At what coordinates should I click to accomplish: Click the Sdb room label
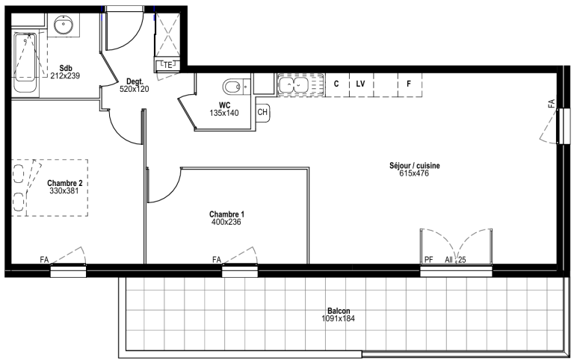[x=66, y=68]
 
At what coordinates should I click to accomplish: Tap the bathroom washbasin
[x=64, y=25]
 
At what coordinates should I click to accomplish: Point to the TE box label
[x=167, y=65]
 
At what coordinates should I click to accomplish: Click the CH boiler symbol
[x=262, y=112]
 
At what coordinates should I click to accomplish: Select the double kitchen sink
[x=295, y=85]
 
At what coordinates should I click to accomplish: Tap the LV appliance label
[x=360, y=84]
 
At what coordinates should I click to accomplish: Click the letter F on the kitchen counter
[x=409, y=84]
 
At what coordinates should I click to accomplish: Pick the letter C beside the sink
[x=336, y=84]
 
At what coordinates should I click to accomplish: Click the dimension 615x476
[x=414, y=173]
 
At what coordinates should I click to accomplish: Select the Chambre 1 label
[x=226, y=214]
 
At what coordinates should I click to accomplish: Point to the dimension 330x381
[x=64, y=190]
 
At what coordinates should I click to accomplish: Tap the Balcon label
[x=339, y=311]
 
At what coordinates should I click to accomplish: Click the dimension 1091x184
[x=339, y=318]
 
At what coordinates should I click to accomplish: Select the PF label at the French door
[x=429, y=260]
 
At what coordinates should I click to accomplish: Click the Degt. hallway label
[x=135, y=81]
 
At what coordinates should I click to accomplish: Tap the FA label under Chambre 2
[x=44, y=260]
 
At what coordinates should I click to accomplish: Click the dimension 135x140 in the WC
[x=224, y=113]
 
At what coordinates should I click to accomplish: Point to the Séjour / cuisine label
[x=414, y=166]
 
